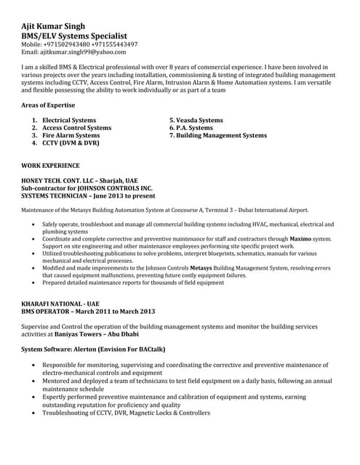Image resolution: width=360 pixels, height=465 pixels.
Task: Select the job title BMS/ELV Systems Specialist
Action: tap(75, 35)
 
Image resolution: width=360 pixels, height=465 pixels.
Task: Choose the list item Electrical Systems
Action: tap(68, 120)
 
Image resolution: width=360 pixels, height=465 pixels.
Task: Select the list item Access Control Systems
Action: tap(76, 128)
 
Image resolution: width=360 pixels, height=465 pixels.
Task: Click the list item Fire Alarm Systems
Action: tap(71, 135)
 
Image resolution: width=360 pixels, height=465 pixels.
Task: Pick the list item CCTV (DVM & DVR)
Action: tap(70, 143)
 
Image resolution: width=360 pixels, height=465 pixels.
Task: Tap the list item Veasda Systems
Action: tap(196, 120)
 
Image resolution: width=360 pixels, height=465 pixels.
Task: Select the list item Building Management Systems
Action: tap(217, 135)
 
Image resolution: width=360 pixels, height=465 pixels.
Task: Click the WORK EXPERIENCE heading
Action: tap(51, 166)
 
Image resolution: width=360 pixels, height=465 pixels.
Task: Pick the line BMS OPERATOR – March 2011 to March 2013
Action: tap(88, 310)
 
